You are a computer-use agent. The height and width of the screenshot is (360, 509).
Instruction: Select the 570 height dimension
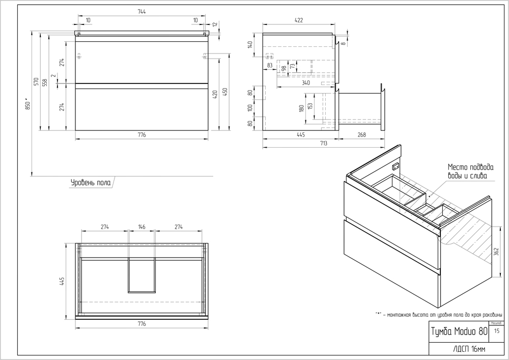coord(37,81)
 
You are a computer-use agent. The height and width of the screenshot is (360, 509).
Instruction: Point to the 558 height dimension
coord(45,82)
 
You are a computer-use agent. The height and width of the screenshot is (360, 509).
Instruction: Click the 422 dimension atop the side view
coord(298,20)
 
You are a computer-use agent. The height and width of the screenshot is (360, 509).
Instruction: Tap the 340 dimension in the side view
coord(305,82)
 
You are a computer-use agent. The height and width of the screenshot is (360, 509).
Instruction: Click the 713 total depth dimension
coord(322,144)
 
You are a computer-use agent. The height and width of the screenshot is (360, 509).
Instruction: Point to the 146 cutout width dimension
coord(142,227)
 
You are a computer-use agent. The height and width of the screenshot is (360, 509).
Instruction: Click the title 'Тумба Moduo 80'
coord(452,331)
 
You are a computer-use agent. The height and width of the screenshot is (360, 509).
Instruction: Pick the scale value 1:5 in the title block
coord(496,331)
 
